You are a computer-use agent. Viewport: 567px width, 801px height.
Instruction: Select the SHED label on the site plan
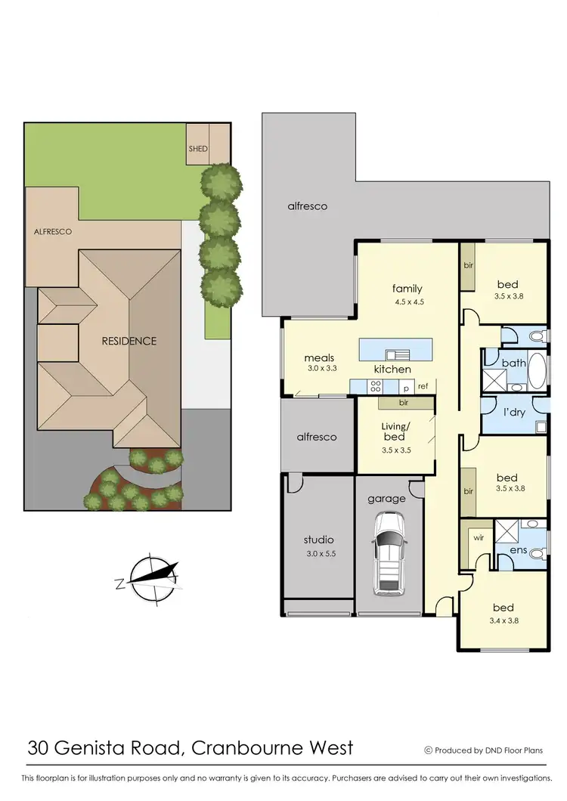pyautogui.click(x=197, y=149)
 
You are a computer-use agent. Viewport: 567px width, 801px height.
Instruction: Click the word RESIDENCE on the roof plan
pyautogui.click(x=129, y=341)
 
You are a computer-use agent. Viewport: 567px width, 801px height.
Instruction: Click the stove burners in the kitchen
pyautogui.click(x=375, y=386)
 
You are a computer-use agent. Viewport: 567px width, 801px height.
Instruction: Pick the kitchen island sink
pyautogui.click(x=398, y=354)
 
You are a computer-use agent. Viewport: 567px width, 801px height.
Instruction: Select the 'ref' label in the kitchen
pyautogui.click(x=423, y=386)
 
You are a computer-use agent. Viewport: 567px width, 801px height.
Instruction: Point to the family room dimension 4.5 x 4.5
pyautogui.click(x=407, y=302)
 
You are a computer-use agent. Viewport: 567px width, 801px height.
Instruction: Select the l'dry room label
pyautogui.click(x=515, y=414)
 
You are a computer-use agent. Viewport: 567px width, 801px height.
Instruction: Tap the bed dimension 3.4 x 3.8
pyautogui.click(x=503, y=621)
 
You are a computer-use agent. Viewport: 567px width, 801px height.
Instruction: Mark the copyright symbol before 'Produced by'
pyautogui.click(x=429, y=750)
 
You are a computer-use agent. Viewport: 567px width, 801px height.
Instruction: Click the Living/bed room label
pyautogui.click(x=394, y=431)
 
